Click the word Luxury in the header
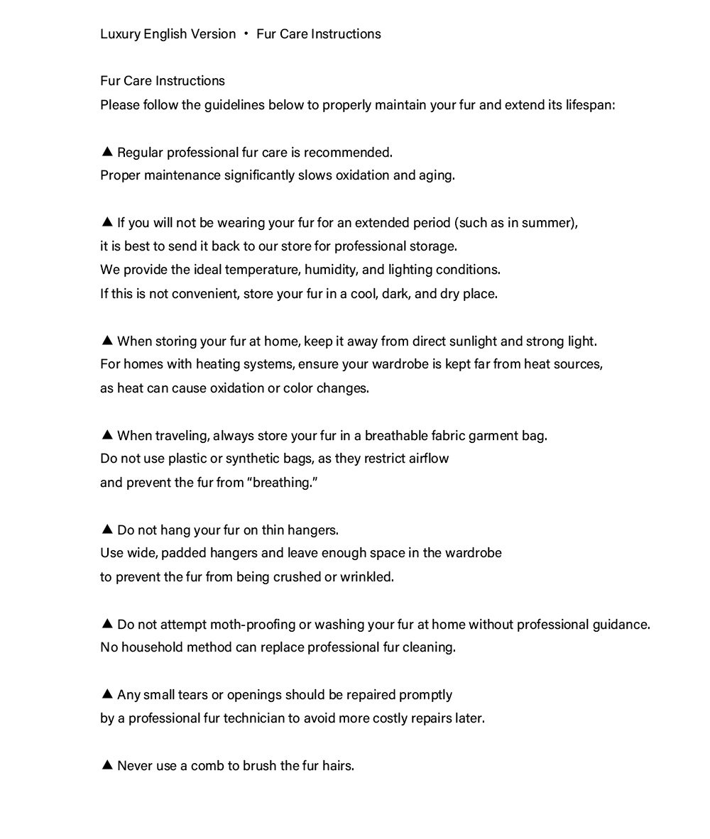[x=119, y=34]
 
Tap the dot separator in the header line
[x=246, y=34]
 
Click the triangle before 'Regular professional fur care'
[x=107, y=151]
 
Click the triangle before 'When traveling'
[x=107, y=434]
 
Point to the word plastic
[x=188, y=459]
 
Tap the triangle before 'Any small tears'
[x=107, y=693]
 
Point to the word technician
[x=254, y=718]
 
